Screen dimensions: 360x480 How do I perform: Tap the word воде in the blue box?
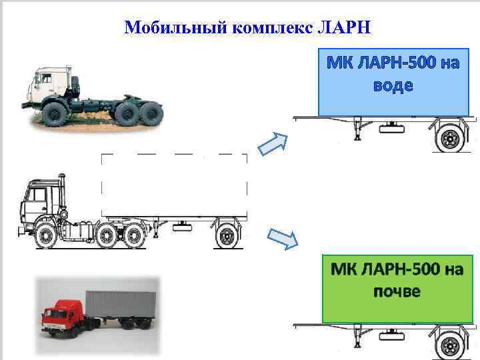click(391, 86)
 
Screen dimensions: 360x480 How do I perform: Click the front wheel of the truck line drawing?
click(47, 237)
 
